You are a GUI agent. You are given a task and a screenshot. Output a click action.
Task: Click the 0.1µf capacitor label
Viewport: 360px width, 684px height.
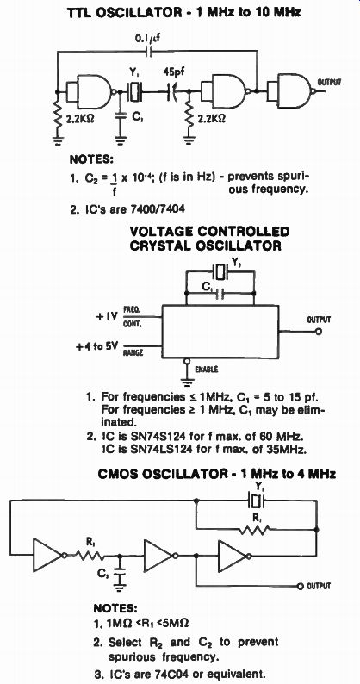point(146,39)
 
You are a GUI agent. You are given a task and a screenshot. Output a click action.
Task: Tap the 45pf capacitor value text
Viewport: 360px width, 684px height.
point(174,72)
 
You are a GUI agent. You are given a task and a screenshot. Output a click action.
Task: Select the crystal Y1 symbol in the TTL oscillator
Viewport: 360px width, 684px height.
point(135,91)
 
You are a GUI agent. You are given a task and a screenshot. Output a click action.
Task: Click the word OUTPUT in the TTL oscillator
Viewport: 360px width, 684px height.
point(330,82)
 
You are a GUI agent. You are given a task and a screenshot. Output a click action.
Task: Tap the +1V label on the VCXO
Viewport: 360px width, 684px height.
point(107,316)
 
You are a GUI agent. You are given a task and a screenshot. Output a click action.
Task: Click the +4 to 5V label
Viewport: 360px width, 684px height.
point(96,347)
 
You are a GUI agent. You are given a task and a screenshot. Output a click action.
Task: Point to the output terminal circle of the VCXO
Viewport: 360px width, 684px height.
point(319,332)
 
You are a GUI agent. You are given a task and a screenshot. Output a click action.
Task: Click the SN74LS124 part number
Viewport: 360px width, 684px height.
point(144,448)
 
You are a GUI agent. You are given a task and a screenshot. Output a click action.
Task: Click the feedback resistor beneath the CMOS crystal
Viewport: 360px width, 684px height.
point(254,530)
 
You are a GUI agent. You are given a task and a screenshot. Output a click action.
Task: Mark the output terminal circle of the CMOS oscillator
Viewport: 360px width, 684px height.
point(300,586)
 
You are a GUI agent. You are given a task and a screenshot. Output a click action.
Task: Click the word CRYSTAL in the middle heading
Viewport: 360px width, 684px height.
point(160,246)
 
